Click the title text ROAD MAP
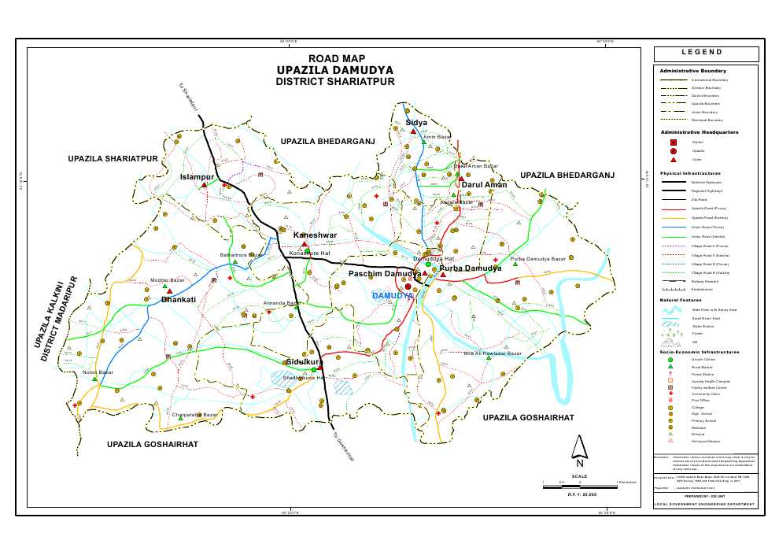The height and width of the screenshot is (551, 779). pyautogui.click(x=337, y=58)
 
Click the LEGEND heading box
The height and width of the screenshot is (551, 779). pyautogui.click(x=706, y=53)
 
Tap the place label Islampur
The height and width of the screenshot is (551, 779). pyautogui.click(x=197, y=176)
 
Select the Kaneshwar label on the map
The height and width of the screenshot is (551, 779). pyautogui.click(x=315, y=235)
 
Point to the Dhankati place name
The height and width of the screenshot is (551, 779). pyautogui.click(x=178, y=300)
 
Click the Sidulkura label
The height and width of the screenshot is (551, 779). pyautogui.click(x=305, y=361)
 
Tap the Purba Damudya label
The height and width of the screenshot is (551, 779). pyautogui.click(x=470, y=268)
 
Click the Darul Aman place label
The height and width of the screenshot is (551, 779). pyautogui.click(x=484, y=184)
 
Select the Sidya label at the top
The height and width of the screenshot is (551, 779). pyautogui.click(x=416, y=123)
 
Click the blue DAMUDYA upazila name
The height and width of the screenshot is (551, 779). pyautogui.click(x=393, y=295)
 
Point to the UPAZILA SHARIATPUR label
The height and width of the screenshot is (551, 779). pyautogui.click(x=114, y=159)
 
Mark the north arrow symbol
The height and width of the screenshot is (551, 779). pyautogui.click(x=580, y=448)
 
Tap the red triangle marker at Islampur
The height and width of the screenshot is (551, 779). pyautogui.click(x=204, y=186)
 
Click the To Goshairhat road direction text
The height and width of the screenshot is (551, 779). pyautogui.click(x=344, y=446)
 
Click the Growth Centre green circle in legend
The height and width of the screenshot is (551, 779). pyautogui.click(x=671, y=359)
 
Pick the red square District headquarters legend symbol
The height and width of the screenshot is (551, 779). pyautogui.click(x=674, y=142)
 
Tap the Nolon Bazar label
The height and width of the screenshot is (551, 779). pyautogui.click(x=98, y=372)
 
